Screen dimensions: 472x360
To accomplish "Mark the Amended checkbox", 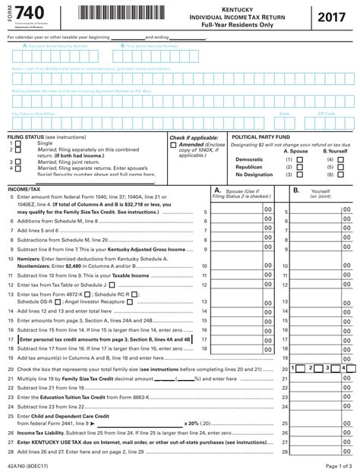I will point(173,144).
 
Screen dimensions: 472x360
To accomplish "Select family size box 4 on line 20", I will point(344,368).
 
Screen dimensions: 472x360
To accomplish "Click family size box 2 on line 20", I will point(311,368).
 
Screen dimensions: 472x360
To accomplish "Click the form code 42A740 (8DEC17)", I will point(31,464).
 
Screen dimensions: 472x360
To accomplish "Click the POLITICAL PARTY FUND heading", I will point(261,137).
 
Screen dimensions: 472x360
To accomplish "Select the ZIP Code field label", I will point(327,114).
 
